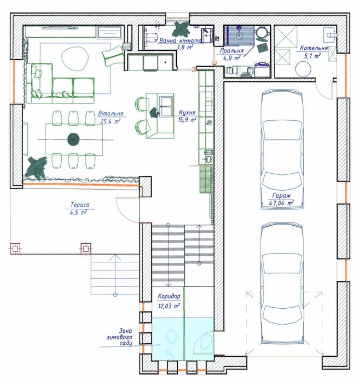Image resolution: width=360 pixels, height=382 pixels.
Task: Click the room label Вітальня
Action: pyautogui.click(x=111, y=114)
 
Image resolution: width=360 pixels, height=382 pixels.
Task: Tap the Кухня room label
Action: pyautogui.click(x=187, y=113)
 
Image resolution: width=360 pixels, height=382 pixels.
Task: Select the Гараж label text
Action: pyautogui.click(x=281, y=196)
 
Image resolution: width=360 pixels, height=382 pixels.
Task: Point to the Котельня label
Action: pyautogui.click(x=313, y=48)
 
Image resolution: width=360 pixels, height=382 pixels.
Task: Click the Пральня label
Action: pyautogui.click(x=231, y=51)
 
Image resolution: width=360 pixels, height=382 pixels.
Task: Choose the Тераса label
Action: pyautogui.click(x=80, y=205)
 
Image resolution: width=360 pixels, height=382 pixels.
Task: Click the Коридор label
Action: pyautogui.click(x=169, y=297)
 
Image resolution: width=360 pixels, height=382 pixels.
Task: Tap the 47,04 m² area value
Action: pyautogui.click(x=281, y=203)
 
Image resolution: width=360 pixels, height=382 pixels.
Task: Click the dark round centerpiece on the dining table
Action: pyautogui.click(x=73, y=139)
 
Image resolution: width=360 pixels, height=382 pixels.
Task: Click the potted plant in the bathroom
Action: pyautogui.click(x=181, y=29)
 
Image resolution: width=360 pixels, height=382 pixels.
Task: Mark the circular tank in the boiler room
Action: pyautogui.click(x=304, y=69)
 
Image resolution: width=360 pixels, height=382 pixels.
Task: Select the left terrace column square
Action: pyautogui.click(x=15, y=249)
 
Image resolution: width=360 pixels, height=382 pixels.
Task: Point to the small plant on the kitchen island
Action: pyautogui.click(x=154, y=113)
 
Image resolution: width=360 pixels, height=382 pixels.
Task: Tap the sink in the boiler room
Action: pyautogui.click(x=329, y=35)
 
